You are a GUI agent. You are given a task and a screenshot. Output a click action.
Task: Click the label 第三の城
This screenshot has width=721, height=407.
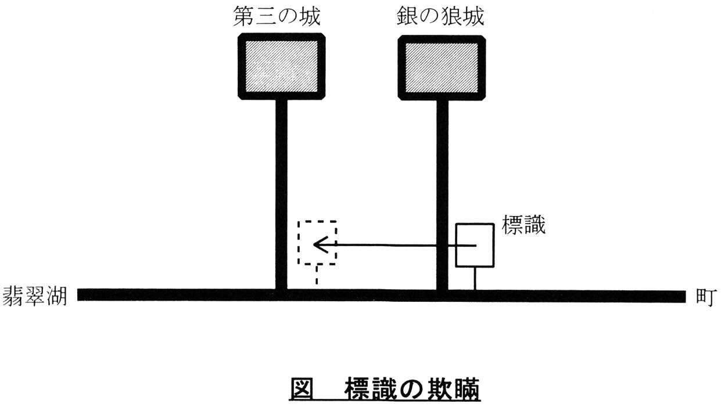click(277, 17)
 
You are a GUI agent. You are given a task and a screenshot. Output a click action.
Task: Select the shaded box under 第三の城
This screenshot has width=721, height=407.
click(281, 67)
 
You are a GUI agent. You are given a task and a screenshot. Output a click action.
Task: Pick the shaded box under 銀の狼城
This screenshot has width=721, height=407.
click(442, 67)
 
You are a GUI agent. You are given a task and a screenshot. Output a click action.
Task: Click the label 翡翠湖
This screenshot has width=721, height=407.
click(35, 296)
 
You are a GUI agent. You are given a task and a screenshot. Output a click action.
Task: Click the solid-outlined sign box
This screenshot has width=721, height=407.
click(475, 245)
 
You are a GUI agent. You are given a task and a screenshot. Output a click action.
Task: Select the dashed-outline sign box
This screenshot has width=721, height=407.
click(317, 243)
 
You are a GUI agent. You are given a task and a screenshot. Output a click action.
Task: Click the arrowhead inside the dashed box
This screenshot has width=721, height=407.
click(318, 244)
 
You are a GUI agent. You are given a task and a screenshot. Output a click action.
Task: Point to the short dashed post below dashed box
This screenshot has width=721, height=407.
click(317, 275)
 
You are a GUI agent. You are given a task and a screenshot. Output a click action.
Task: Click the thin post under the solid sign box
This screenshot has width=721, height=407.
click(475, 278)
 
